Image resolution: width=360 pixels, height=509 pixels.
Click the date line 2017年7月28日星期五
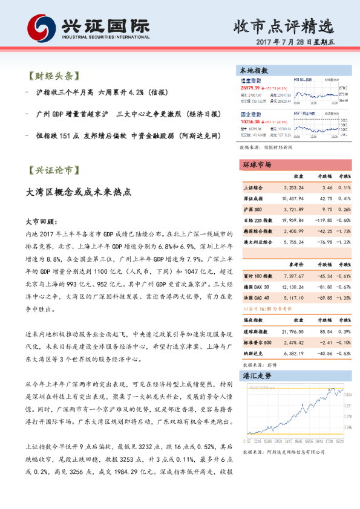point(299,43)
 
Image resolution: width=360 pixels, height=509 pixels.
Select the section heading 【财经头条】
point(54,77)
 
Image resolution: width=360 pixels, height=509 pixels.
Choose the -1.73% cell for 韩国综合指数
point(344,231)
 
